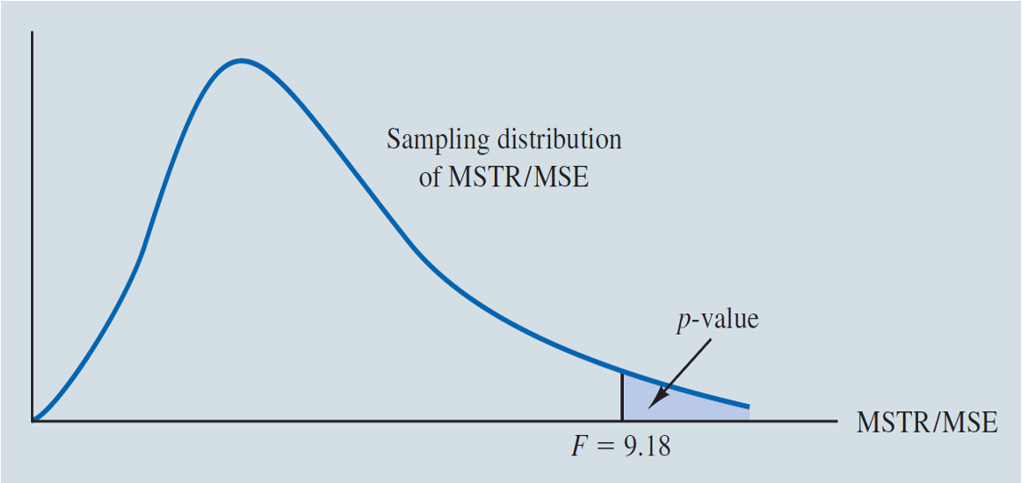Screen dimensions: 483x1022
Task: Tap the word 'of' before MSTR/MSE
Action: point(431,177)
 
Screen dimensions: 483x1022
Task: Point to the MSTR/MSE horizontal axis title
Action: point(926,423)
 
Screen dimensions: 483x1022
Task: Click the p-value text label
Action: point(716,320)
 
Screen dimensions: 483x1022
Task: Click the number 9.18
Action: point(646,447)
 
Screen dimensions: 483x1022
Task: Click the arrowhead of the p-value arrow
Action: point(652,401)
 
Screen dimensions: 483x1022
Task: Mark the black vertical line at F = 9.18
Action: point(621,396)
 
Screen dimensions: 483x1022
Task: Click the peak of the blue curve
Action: point(240,60)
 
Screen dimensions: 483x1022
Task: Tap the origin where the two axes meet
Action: point(33,420)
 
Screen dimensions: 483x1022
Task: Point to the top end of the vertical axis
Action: point(33,33)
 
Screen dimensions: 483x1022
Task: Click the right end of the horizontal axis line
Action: point(836,420)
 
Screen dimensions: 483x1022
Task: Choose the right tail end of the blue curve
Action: point(748,408)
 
